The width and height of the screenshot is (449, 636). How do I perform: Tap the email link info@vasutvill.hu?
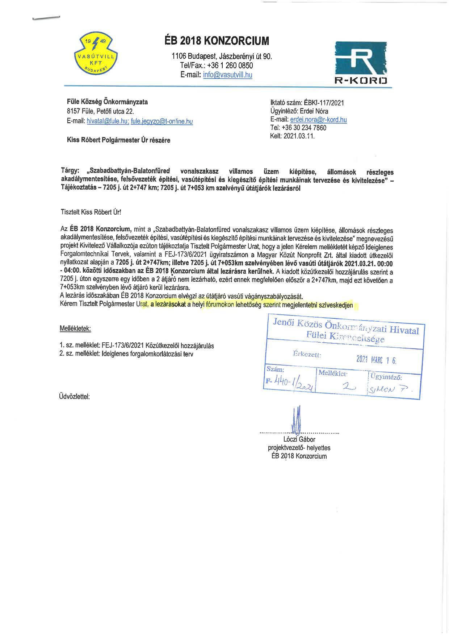pos(228,75)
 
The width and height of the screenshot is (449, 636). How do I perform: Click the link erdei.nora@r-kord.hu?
pos(319,120)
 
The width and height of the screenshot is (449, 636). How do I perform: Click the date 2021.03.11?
pos(299,136)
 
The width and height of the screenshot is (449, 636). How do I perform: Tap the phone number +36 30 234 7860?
pos(304,128)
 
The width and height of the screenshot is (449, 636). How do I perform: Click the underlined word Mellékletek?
pos(75,329)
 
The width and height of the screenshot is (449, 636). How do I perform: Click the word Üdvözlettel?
pos(74,396)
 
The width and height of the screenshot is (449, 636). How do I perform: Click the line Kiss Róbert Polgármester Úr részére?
pos(118,140)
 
